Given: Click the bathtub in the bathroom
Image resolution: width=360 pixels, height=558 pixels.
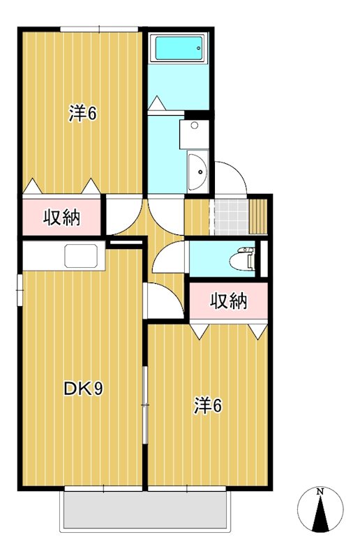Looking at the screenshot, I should coord(179,48).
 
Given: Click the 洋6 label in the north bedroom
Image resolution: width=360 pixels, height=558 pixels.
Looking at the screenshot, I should coord(82,113).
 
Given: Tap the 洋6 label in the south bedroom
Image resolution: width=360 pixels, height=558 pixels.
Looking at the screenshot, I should coord(208,405).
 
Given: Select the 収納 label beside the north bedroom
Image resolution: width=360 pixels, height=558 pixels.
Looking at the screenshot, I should coord(62,218).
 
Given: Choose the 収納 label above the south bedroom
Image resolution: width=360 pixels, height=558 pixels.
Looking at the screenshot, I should coord(229,301).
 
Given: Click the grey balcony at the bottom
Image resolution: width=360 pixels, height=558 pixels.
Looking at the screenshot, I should coord(145,510).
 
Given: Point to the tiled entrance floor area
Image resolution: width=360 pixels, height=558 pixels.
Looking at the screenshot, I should coord(230,216).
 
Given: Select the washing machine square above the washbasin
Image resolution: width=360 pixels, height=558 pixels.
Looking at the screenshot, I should coord(194,133).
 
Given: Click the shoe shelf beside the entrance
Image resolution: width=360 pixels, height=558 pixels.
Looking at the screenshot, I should coord(260,216).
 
